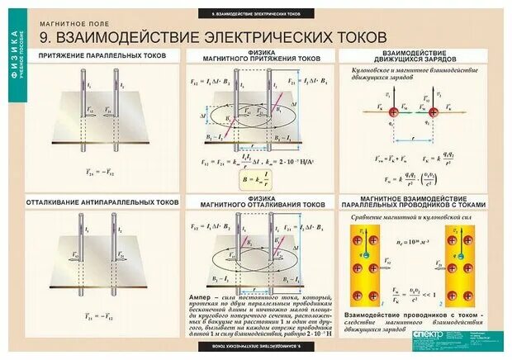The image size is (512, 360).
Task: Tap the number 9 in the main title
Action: pos(45,36)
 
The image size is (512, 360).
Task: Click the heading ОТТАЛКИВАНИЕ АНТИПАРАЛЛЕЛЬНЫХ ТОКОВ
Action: pos(104,201)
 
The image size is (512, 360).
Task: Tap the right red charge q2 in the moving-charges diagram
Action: pos(433,110)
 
